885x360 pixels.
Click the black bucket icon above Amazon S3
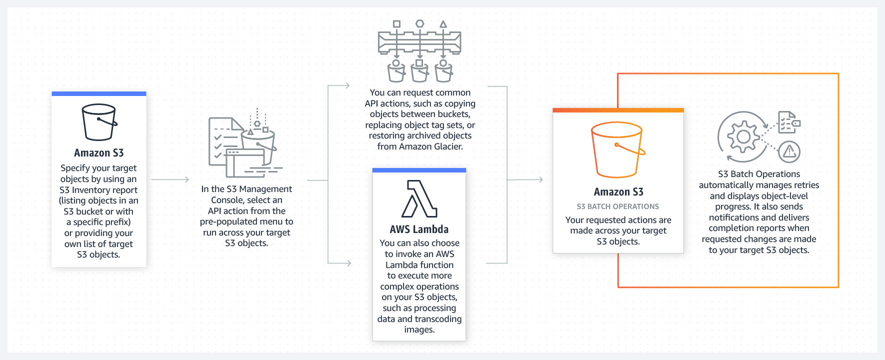[x=99, y=122]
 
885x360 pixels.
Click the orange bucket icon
[x=617, y=150]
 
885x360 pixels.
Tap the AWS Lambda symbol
[x=419, y=198]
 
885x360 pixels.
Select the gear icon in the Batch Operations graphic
[x=743, y=136]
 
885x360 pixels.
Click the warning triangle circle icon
[x=789, y=151]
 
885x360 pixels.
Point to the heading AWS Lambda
[x=419, y=229]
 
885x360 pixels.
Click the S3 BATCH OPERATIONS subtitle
[x=617, y=206]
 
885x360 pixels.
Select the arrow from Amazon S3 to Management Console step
[x=170, y=179]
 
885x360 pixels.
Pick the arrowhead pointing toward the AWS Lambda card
[x=347, y=263]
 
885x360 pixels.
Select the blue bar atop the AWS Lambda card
[x=419, y=170]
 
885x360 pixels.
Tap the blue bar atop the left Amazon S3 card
[x=99, y=94]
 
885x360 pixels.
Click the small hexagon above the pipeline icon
[x=420, y=23]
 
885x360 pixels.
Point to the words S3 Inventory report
[x=98, y=190]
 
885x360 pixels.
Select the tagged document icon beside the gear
[x=788, y=122]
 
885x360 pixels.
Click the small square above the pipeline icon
[x=396, y=24]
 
